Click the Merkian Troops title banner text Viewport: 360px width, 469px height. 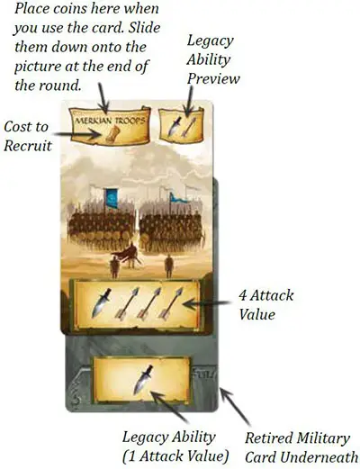(x=110, y=121)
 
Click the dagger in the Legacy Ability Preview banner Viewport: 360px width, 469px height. (x=175, y=126)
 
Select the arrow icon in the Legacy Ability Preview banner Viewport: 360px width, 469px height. (x=189, y=127)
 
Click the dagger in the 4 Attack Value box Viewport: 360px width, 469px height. (x=101, y=303)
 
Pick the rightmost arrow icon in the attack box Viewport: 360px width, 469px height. (x=170, y=303)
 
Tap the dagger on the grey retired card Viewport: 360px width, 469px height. (x=143, y=379)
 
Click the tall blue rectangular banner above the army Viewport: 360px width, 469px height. (x=112, y=198)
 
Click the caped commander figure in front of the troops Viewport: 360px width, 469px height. (x=128, y=255)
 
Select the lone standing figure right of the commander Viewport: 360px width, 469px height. (x=169, y=266)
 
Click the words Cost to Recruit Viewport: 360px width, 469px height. (x=27, y=137)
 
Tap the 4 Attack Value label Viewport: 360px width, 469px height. (x=265, y=305)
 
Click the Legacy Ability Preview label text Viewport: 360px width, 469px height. (x=213, y=59)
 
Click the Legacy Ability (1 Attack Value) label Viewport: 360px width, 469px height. (x=175, y=446)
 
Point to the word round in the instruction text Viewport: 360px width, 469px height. (x=59, y=86)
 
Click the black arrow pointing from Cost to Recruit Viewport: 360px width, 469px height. (x=77, y=134)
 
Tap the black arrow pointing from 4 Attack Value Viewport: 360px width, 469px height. (x=207, y=304)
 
